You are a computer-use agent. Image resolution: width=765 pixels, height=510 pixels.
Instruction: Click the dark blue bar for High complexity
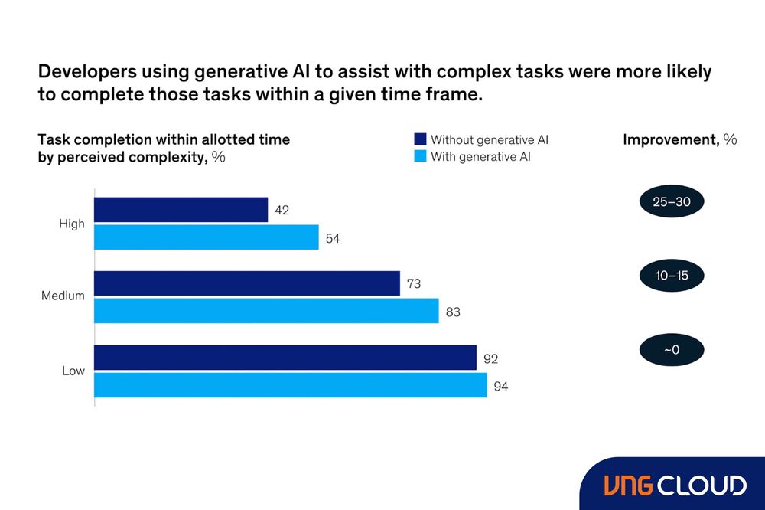(x=181, y=210)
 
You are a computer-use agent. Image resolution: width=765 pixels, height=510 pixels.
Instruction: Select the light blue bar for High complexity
(x=206, y=237)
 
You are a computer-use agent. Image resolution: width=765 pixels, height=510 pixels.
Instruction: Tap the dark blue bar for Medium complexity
(x=246, y=283)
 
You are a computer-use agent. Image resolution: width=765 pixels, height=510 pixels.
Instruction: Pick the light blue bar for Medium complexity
(x=266, y=311)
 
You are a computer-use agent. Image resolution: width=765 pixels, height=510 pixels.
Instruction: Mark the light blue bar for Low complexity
(x=290, y=385)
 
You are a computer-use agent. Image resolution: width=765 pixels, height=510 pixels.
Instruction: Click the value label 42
(x=282, y=210)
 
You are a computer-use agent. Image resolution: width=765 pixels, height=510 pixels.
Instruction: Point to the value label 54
(x=332, y=238)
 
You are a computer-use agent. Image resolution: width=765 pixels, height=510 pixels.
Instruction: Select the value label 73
(x=413, y=284)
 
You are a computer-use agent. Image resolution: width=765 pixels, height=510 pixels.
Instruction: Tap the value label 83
(x=452, y=312)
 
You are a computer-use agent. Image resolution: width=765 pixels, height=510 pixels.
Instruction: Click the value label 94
(x=500, y=386)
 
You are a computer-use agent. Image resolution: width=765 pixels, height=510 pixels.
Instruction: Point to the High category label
(x=72, y=224)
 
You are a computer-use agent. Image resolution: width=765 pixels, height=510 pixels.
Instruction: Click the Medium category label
(x=63, y=296)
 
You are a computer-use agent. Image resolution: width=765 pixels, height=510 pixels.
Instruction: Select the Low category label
(x=73, y=371)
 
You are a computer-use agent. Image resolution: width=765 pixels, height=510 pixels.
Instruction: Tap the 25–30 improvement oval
(x=671, y=202)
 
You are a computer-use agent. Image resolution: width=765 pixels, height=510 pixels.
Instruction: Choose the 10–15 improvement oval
(x=671, y=276)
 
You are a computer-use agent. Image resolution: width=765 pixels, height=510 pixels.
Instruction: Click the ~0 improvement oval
(x=671, y=350)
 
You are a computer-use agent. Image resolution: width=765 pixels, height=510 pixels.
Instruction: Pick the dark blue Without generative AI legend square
(x=419, y=139)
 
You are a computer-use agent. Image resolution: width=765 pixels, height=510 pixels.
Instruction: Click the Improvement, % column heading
(x=679, y=139)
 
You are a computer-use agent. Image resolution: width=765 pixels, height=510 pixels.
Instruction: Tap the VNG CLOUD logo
(x=675, y=485)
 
